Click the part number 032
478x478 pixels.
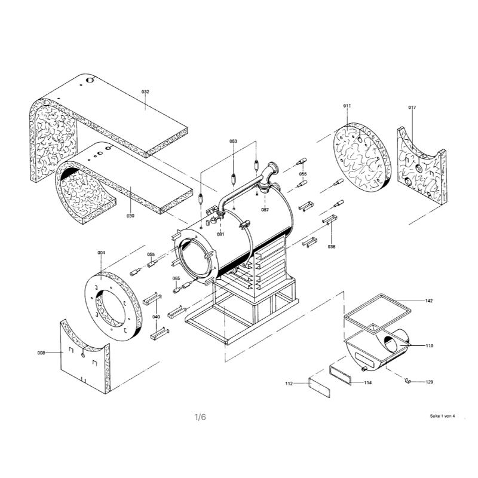click(145, 91)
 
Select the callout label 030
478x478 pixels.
click(130, 215)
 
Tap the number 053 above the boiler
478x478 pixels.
click(233, 141)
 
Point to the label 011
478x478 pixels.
click(347, 105)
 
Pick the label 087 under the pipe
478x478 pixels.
click(265, 210)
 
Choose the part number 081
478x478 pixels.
click(220, 234)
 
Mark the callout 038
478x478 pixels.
click(332, 246)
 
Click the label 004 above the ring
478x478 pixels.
click(102, 253)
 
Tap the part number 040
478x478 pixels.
click(157, 317)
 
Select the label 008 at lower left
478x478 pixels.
click(41, 353)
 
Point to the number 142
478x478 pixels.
click(429, 301)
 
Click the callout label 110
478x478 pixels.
click(429, 346)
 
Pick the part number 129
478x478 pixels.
click(429, 381)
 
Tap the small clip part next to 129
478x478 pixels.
click(408, 379)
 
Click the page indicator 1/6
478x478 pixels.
click(200, 418)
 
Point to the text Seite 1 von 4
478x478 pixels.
click(442, 415)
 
